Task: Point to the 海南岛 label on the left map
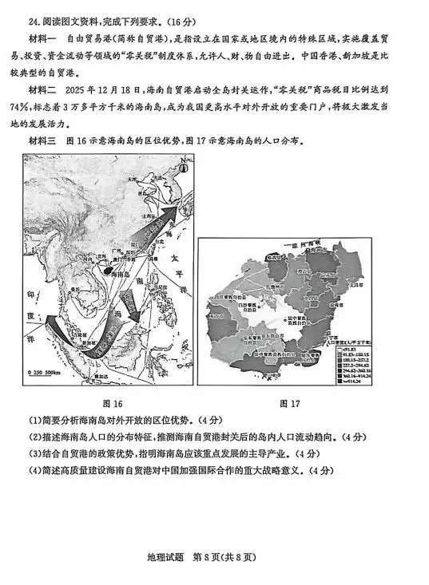tap(120, 274)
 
